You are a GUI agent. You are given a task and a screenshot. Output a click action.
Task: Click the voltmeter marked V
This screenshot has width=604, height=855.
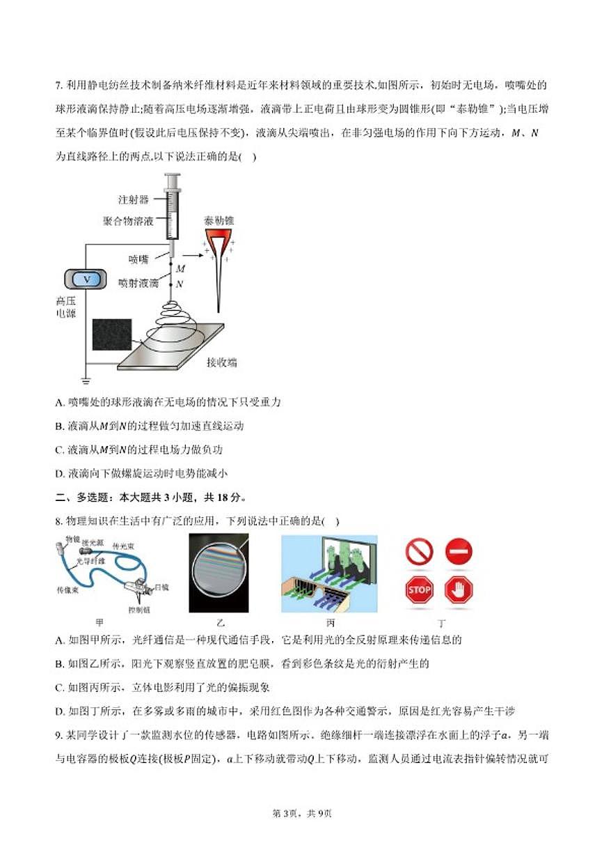pyautogui.click(x=87, y=279)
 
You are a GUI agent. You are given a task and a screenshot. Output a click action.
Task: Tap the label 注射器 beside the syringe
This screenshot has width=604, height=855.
pyautogui.click(x=134, y=199)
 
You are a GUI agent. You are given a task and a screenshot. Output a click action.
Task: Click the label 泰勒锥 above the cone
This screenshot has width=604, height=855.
pyautogui.click(x=219, y=220)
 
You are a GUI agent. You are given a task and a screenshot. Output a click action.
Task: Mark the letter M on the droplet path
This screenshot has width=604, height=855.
pyautogui.click(x=181, y=268)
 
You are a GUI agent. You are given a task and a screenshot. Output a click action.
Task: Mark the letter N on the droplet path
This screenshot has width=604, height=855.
pyautogui.click(x=180, y=284)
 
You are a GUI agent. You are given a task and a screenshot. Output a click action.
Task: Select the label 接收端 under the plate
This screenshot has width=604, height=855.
pyautogui.click(x=221, y=362)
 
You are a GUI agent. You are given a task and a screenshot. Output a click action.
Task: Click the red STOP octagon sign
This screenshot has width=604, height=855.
pyautogui.click(x=419, y=590)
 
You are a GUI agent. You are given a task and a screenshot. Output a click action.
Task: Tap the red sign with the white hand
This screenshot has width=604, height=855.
pyautogui.click(x=459, y=590)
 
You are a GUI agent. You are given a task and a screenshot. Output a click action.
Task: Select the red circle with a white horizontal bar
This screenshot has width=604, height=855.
pyautogui.click(x=459, y=552)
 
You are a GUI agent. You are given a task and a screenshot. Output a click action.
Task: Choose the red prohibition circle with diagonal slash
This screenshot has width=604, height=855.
pyautogui.click(x=419, y=552)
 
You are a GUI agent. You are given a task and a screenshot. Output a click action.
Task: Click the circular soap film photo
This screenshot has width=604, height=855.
pyautogui.click(x=218, y=573)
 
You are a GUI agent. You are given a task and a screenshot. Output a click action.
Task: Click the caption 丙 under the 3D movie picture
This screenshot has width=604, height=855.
pyautogui.click(x=331, y=622)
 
